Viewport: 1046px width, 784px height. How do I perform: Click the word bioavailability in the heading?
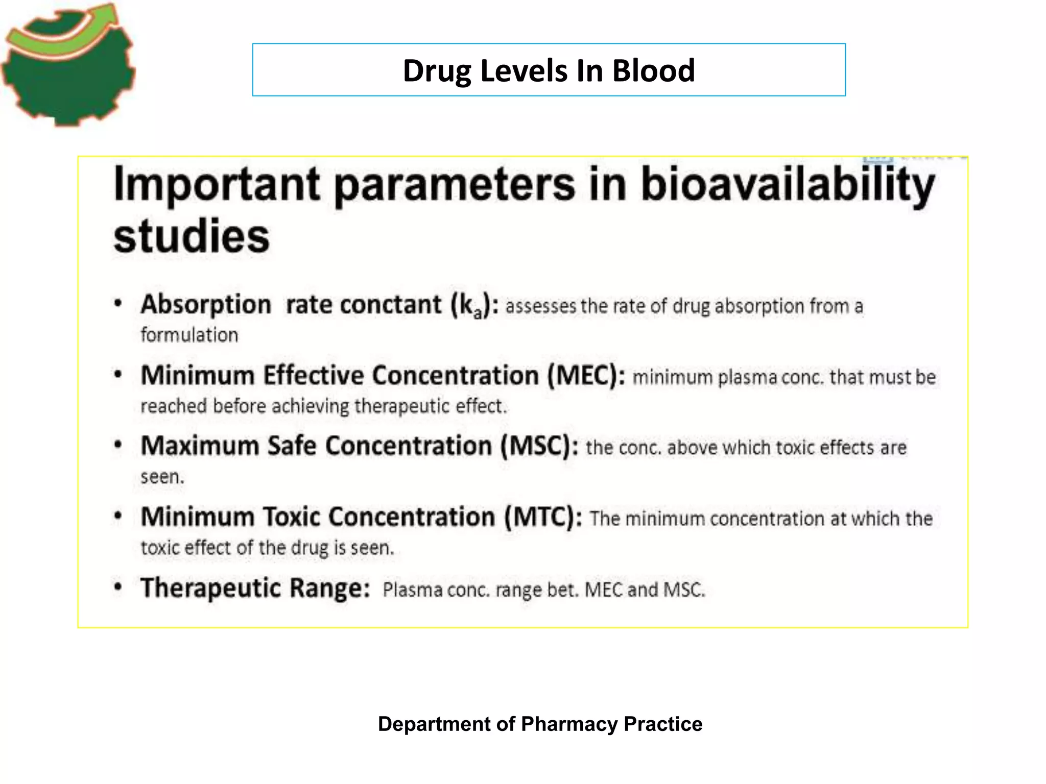[x=787, y=185]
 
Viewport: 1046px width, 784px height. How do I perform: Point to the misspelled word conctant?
[x=391, y=305]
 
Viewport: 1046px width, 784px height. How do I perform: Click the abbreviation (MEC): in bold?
[x=586, y=376]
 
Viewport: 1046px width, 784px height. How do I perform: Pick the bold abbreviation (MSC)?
[x=539, y=446]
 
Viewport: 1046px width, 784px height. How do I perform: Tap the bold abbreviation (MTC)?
[x=543, y=517]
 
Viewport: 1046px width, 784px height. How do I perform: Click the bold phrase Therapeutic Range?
[x=255, y=588]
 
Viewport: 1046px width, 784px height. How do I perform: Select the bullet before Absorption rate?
[x=118, y=304]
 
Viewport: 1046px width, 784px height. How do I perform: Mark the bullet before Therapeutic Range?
[x=118, y=587]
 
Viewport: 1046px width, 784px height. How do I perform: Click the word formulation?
[x=189, y=335]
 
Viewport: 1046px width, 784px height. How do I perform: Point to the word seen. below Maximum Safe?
[x=162, y=477]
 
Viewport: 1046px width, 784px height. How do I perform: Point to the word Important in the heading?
[x=217, y=185]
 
